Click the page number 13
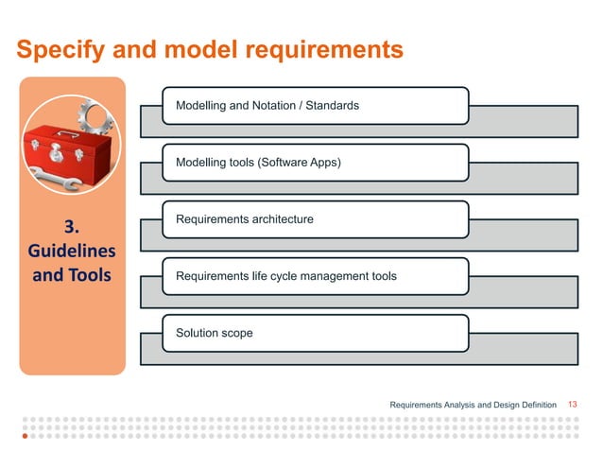click(x=572, y=405)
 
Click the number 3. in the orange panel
click(x=72, y=227)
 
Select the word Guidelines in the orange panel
click(x=72, y=252)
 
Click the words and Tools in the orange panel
click(x=72, y=276)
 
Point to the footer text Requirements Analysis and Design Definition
click(x=473, y=406)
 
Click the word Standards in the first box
click(x=333, y=106)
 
